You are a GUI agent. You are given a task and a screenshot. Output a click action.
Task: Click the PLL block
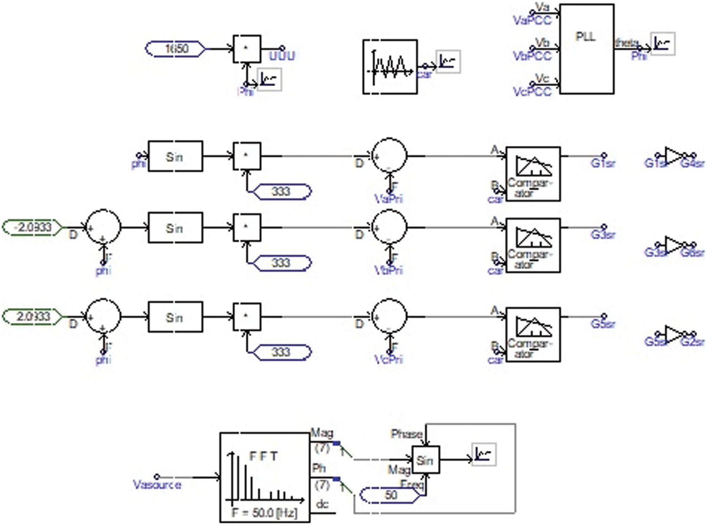(586, 49)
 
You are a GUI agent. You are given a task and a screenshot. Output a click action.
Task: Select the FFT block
(264, 477)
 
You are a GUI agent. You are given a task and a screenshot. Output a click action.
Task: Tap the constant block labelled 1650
(176, 48)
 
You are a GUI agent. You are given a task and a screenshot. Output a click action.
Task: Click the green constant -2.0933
(33, 227)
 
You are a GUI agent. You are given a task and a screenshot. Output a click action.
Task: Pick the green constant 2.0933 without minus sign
(33, 316)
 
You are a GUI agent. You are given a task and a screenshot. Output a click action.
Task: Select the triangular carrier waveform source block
(390, 66)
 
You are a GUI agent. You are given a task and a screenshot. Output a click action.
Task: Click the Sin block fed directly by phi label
(175, 156)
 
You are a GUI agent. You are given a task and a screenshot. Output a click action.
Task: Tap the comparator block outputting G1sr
(533, 174)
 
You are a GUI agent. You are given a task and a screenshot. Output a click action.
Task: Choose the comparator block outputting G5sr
(533, 334)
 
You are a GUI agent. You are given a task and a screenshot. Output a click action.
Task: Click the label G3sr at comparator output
(603, 234)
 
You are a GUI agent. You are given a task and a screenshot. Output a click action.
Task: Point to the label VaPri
(388, 199)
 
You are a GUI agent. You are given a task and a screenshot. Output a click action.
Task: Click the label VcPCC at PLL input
(532, 91)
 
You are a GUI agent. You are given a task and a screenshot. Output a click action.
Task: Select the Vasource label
(157, 485)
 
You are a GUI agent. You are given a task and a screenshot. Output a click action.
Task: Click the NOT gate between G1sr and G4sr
(674, 155)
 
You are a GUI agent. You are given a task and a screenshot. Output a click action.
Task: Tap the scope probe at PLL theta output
(662, 44)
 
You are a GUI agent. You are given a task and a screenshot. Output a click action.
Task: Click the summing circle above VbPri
(389, 227)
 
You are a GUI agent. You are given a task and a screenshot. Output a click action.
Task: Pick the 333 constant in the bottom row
(282, 352)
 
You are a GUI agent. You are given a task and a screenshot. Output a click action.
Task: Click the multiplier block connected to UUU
(247, 48)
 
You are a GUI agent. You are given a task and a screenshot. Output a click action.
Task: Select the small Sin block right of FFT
(426, 460)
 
